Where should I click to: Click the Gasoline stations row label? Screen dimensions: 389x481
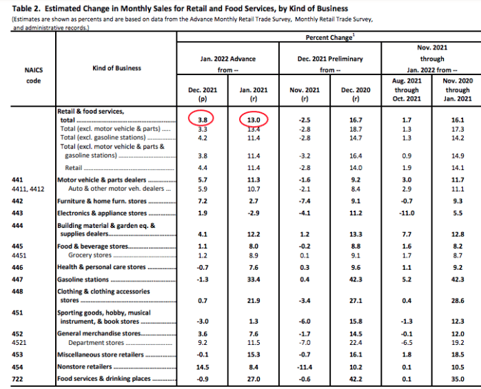click(83, 280)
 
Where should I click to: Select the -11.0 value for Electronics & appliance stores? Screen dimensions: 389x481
click(407, 213)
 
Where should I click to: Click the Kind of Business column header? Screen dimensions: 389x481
click(116, 68)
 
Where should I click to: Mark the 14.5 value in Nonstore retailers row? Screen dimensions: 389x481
click(203, 368)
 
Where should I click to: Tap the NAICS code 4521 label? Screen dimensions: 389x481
click(20, 342)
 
